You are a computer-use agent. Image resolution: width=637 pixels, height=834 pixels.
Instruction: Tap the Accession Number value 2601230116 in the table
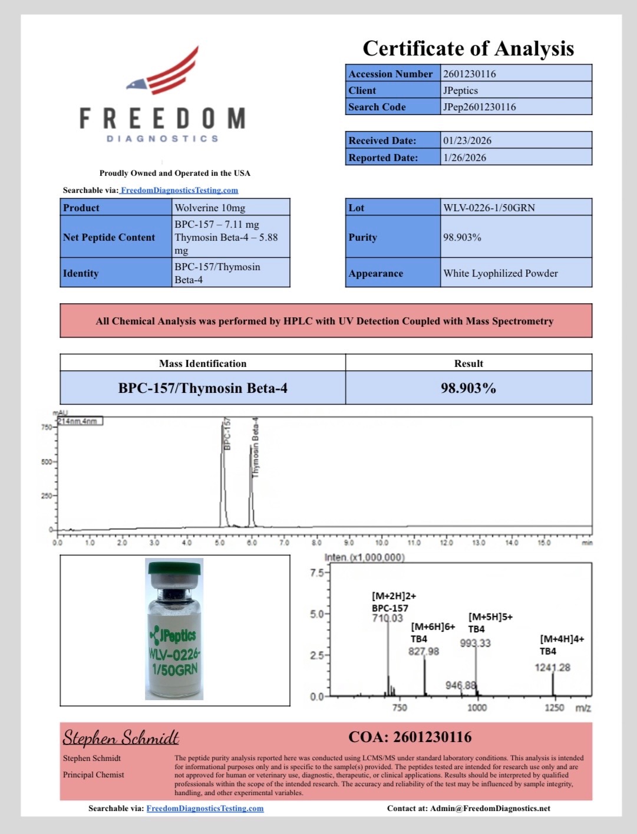point(470,74)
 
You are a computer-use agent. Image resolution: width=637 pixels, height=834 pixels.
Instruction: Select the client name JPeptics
point(460,90)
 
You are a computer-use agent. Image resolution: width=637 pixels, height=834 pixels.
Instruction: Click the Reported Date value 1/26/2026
point(465,157)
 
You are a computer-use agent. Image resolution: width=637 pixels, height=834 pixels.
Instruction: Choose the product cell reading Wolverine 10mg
point(210,208)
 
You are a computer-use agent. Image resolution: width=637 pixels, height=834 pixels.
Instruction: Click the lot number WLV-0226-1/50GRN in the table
point(489,208)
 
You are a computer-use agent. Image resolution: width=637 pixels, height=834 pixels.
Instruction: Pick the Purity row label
point(362,237)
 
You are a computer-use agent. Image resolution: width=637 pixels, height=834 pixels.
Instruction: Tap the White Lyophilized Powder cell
point(500,273)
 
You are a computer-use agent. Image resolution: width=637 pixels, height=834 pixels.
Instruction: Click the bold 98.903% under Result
point(468,388)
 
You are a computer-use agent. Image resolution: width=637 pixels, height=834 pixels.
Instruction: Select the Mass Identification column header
point(203,363)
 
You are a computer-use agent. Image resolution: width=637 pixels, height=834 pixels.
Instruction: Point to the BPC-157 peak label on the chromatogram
point(227,435)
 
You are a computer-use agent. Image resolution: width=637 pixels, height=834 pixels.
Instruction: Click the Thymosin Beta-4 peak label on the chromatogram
point(255,448)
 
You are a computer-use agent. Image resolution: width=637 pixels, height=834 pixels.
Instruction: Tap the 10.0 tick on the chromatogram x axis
point(381,542)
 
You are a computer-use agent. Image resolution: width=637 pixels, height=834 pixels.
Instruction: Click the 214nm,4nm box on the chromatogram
point(80,421)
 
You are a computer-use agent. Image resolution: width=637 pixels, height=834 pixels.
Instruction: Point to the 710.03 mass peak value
point(387,618)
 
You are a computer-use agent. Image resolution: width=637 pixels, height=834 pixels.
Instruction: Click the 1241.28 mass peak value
point(552,667)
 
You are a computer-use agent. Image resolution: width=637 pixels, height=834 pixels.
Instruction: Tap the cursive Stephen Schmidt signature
point(121,738)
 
